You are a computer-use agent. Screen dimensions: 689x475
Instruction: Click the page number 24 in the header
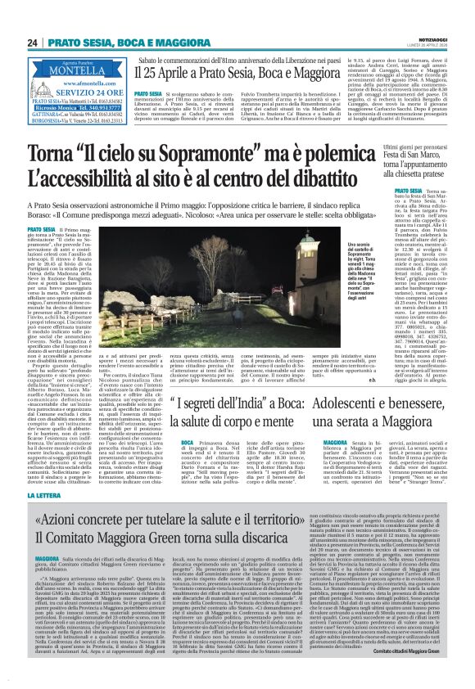[x=32, y=42]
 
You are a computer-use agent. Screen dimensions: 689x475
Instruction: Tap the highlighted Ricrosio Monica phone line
[x=80, y=106]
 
